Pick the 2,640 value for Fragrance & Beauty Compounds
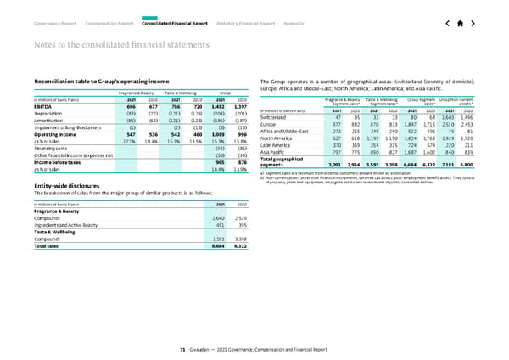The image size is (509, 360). click(x=217, y=218)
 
